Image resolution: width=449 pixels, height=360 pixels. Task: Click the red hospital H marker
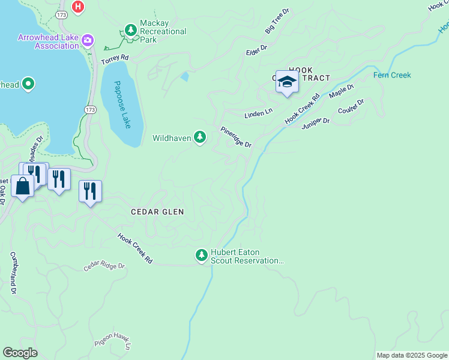point(77,7)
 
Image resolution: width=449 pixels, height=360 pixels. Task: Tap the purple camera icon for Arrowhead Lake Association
point(88,40)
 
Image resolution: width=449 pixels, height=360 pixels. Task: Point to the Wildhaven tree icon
point(200,138)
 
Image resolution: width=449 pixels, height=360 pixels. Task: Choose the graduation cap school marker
point(287,82)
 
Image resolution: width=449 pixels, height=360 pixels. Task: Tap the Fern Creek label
point(392,75)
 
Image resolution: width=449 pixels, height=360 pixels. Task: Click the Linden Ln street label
point(258,113)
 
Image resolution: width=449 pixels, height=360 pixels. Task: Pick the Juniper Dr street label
point(316,122)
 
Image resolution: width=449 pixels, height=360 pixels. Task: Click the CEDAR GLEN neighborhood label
point(157,212)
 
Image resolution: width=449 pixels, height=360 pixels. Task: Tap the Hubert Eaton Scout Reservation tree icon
point(202,256)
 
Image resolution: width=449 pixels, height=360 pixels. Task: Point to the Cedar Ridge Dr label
point(104,266)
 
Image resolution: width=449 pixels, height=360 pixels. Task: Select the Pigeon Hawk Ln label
point(112,344)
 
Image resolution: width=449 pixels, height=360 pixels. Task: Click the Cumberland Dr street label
point(13,273)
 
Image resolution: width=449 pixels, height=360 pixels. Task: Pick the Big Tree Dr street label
point(277,21)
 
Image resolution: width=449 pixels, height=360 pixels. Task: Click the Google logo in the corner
point(20,353)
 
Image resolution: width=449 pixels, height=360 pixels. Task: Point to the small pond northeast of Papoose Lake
point(184,76)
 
